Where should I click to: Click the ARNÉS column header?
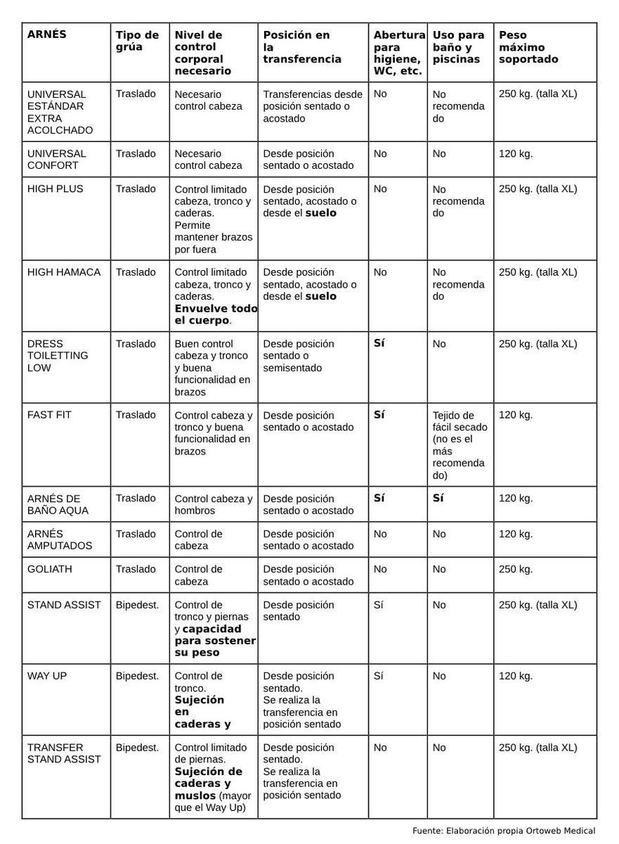click(x=46, y=34)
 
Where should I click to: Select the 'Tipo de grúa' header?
click(x=137, y=41)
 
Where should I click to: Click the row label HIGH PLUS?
click(x=55, y=188)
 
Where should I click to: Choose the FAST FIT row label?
click(x=49, y=415)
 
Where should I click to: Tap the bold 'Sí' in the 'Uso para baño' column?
click(x=438, y=498)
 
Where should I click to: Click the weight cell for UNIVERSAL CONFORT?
click(x=516, y=153)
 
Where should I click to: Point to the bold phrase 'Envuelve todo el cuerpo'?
click(x=215, y=314)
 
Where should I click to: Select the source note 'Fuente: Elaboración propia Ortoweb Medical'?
click(x=504, y=831)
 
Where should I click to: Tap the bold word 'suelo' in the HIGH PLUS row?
click(x=320, y=213)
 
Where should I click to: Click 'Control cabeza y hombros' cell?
click(x=213, y=504)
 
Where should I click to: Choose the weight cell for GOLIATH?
click(x=516, y=569)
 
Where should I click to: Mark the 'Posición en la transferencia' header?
click(x=302, y=47)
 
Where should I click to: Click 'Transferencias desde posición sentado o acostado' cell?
click(x=313, y=106)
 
